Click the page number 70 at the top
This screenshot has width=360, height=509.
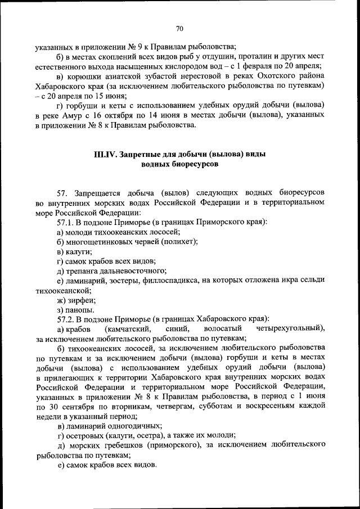point(179,29)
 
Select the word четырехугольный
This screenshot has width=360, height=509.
point(288,327)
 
